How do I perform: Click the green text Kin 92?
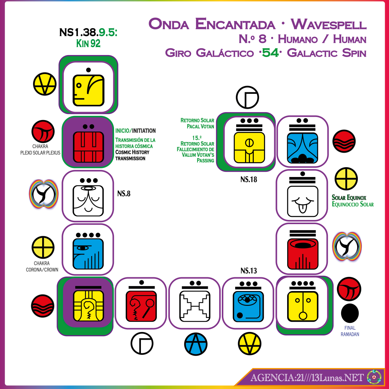(x=88, y=43)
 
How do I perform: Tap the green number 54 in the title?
(x=270, y=52)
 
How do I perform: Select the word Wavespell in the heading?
(x=329, y=24)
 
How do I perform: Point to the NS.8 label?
(x=124, y=193)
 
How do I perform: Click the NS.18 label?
(x=248, y=179)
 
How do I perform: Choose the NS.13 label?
(x=248, y=270)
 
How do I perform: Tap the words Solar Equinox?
(x=349, y=198)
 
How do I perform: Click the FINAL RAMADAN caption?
(x=350, y=331)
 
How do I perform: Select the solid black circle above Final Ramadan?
(x=350, y=313)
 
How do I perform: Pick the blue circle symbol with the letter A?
(x=196, y=344)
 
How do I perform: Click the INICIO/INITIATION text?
(x=136, y=131)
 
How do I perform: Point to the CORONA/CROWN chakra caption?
(x=42, y=270)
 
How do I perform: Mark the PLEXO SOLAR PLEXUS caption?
(x=40, y=153)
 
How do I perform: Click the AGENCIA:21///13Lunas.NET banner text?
(x=307, y=377)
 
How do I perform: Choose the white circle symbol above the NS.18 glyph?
(x=247, y=97)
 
